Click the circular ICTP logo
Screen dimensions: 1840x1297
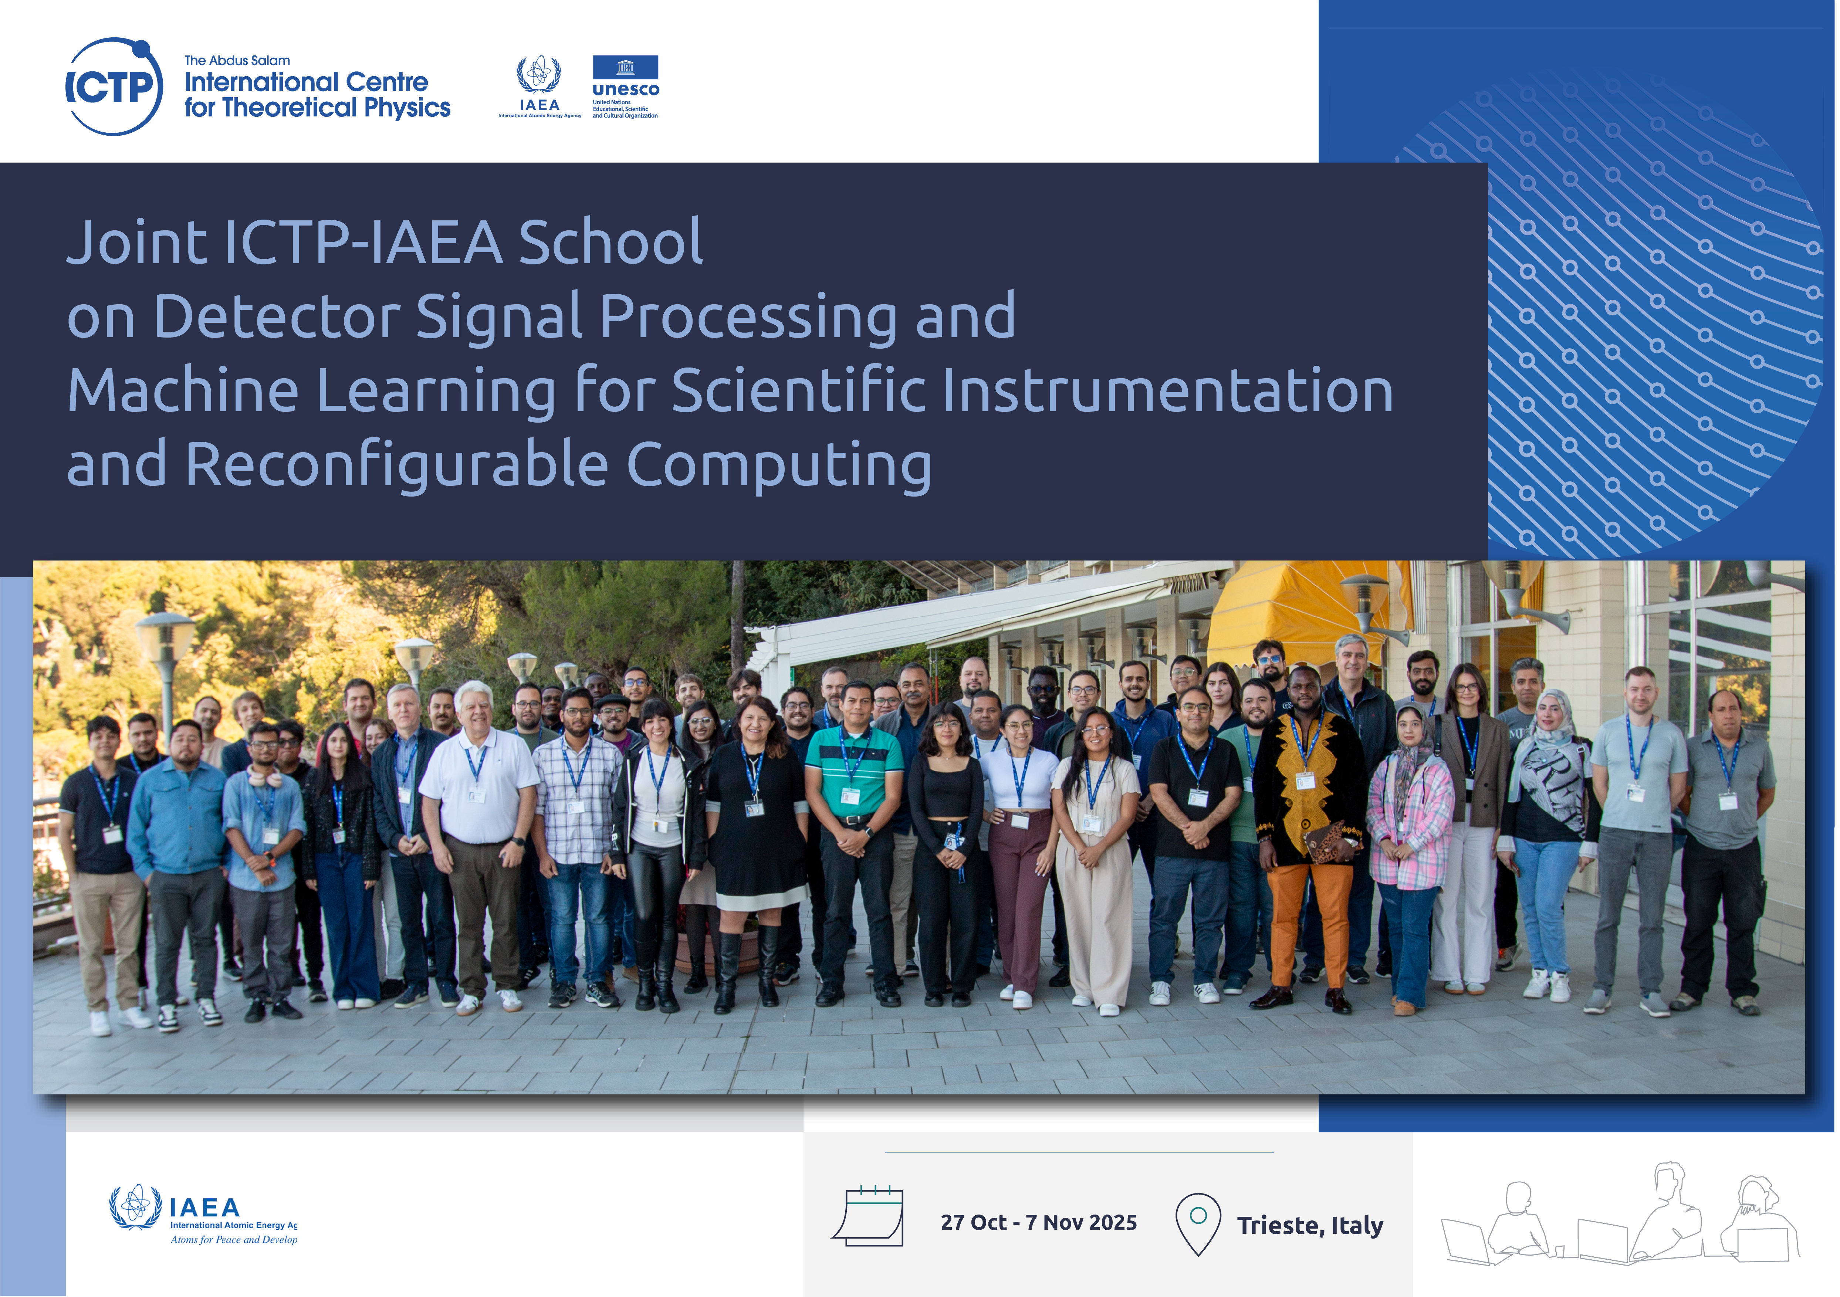click(114, 87)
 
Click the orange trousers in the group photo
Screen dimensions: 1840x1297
click(1311, 925)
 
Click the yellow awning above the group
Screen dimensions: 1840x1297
click(1298, 613)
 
